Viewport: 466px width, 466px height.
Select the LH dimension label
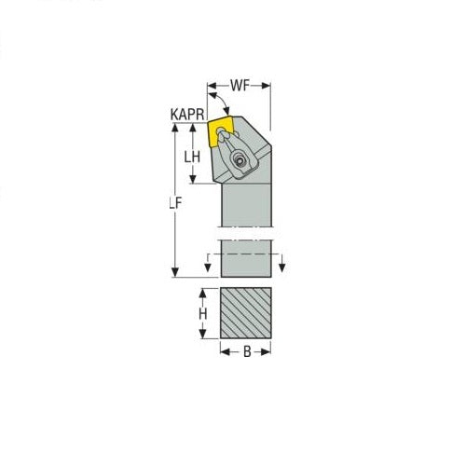(192, 158)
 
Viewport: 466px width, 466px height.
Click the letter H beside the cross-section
(202, 316)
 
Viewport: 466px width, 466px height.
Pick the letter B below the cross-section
(246, 353)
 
